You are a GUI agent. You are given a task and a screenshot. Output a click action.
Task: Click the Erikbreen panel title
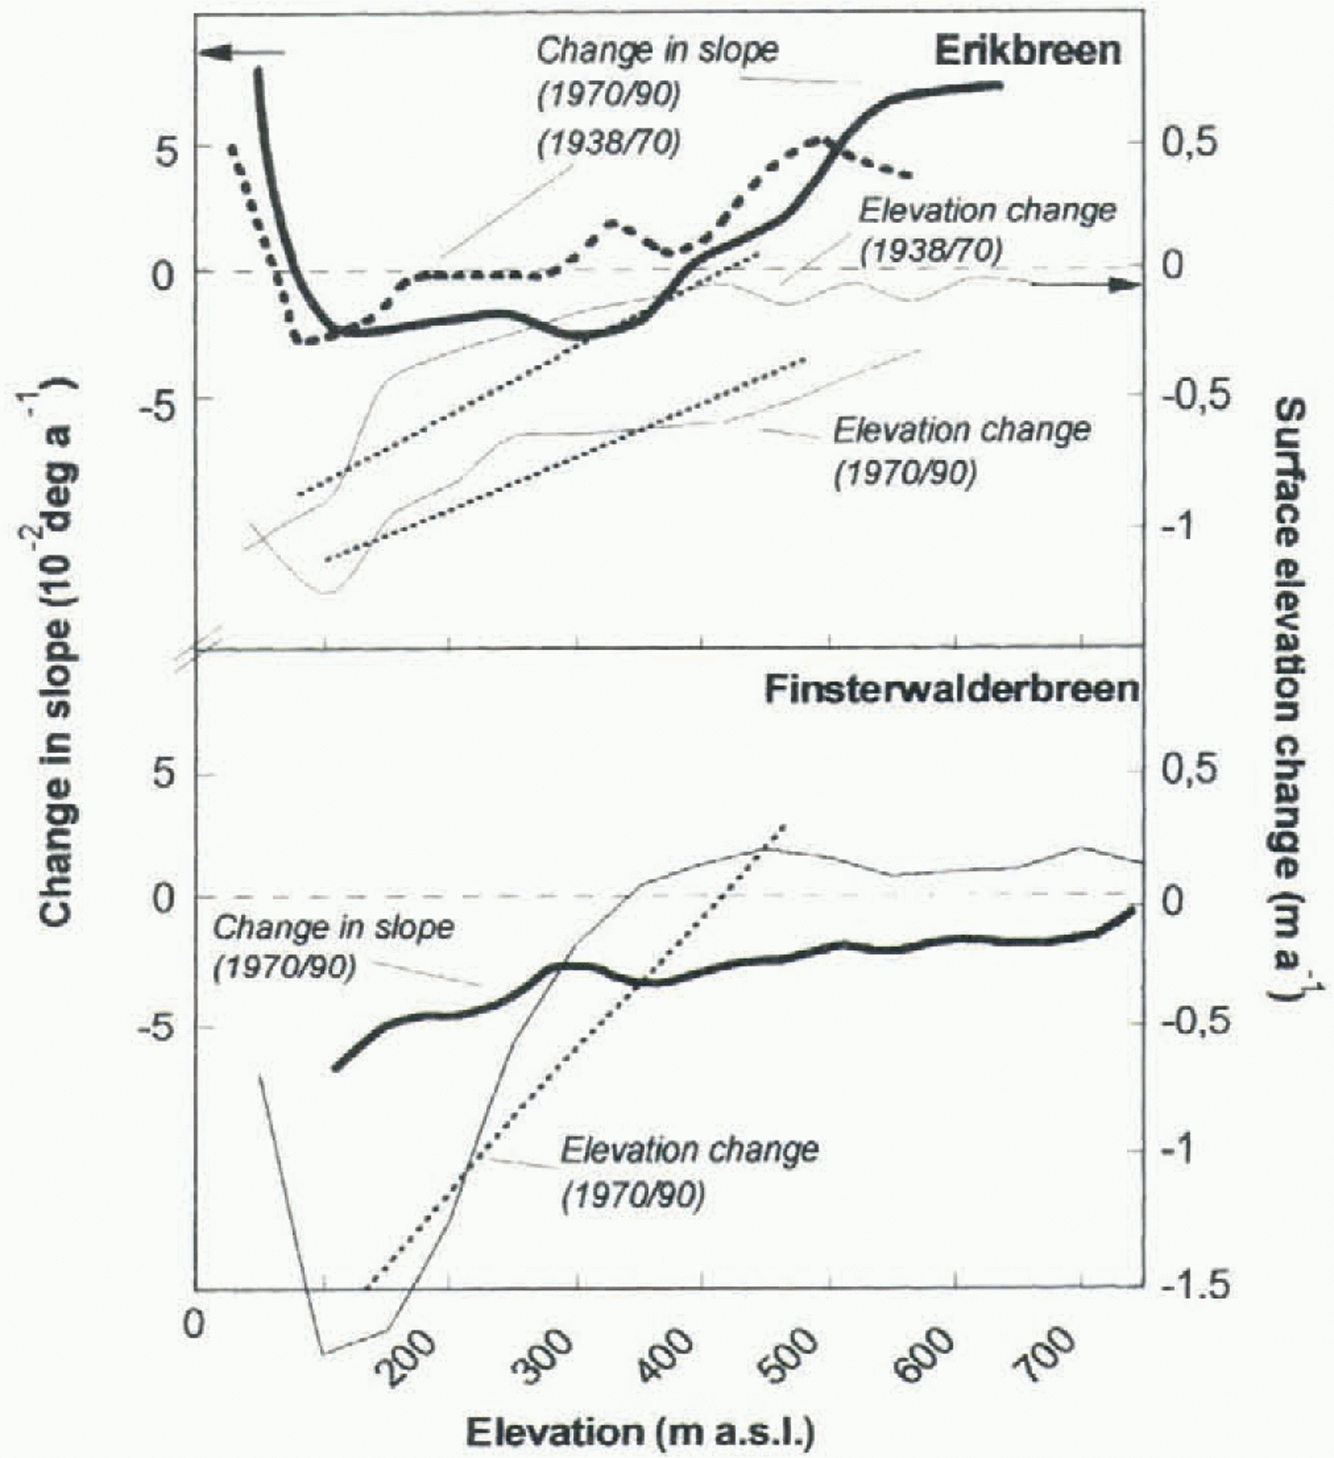(1026, 50)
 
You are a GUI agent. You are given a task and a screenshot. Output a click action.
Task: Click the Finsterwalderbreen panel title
(951, 689)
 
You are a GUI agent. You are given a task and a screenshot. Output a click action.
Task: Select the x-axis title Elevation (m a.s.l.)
(640, 1431)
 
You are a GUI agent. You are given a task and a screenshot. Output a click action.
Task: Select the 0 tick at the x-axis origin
(194, 1326)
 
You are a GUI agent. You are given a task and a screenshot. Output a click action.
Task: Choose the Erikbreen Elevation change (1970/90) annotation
(960, 450)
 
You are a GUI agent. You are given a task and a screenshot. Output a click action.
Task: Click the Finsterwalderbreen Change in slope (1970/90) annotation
(333, 946)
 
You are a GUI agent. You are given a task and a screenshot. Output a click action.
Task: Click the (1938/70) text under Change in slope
(608, 142)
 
